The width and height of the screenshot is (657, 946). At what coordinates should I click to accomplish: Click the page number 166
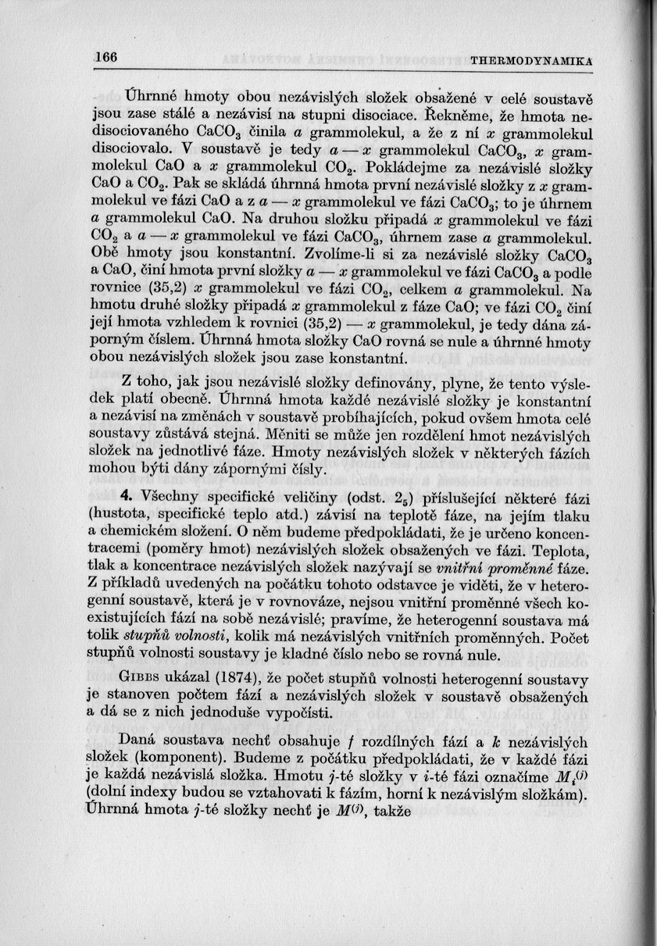tap(105, 57)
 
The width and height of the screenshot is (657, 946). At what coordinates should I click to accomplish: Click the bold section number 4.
tap(129, 499)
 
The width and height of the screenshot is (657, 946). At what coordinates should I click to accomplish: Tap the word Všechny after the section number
tap(172, 499)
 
